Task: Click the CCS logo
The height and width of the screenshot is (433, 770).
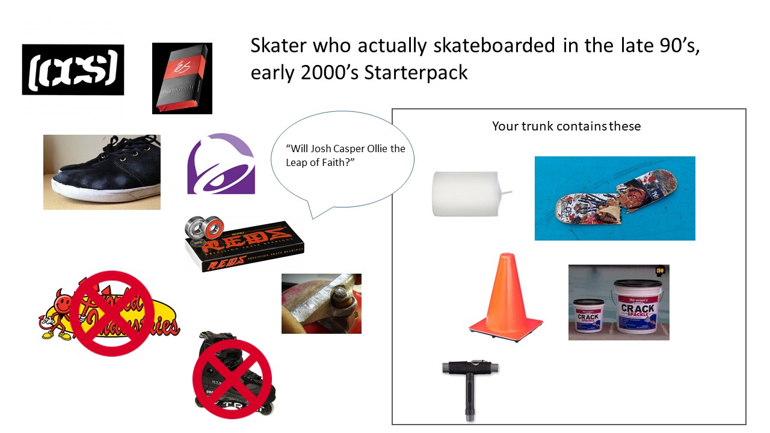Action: (73, 69)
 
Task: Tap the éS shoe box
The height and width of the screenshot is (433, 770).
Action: (182, 78)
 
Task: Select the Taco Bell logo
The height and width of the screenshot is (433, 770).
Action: (221, 164)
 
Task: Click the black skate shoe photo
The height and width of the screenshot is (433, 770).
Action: (102, 172)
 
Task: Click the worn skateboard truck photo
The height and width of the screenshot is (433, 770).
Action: (321, 303)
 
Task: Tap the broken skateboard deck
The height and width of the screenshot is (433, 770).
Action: (614, 198)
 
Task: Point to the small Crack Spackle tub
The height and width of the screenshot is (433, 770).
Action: (588, 318)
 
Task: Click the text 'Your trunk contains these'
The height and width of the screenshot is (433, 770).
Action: (566, 126)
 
